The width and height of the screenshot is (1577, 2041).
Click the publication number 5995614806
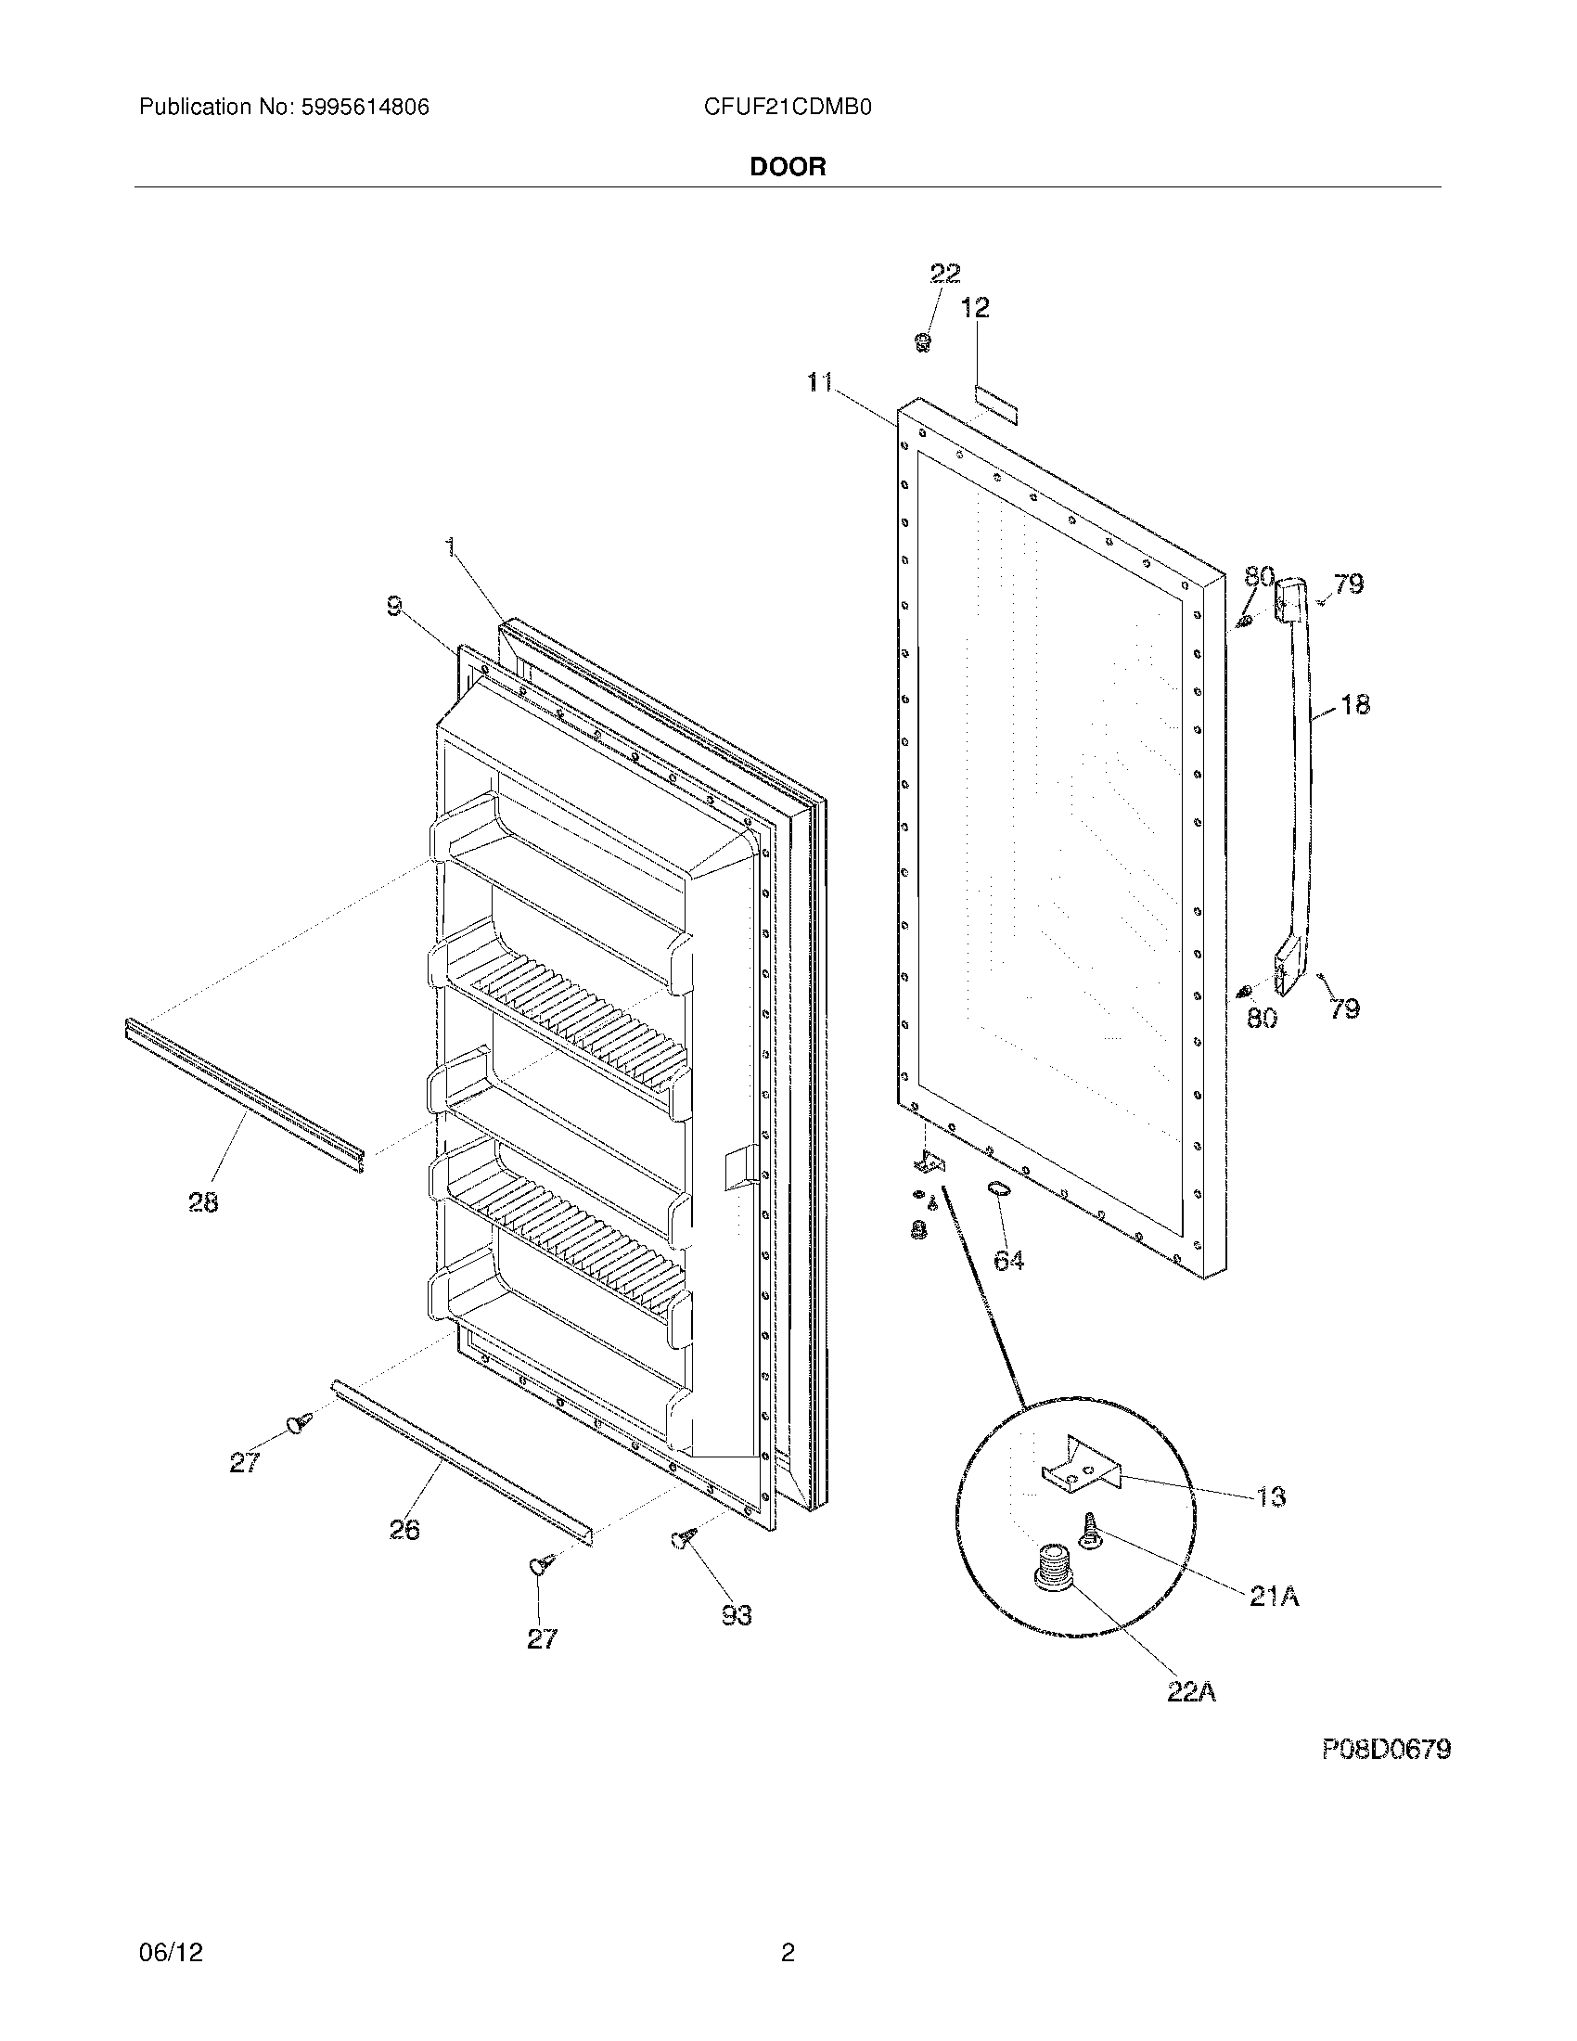tap(365, 108)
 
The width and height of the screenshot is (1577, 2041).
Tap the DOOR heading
tap(788, 167)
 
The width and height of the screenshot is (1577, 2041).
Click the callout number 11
tap(820, 382)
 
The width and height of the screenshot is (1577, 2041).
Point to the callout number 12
tap(974, 307)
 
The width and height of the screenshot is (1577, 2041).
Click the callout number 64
tap(1008, 1261)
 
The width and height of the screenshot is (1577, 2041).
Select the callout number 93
tap(737, 1614)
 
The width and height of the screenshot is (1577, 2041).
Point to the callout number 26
tap(404, 1530)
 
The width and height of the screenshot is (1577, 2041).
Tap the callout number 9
tap(395, 608)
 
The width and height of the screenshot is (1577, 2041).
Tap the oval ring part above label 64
tap(998, 1187)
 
